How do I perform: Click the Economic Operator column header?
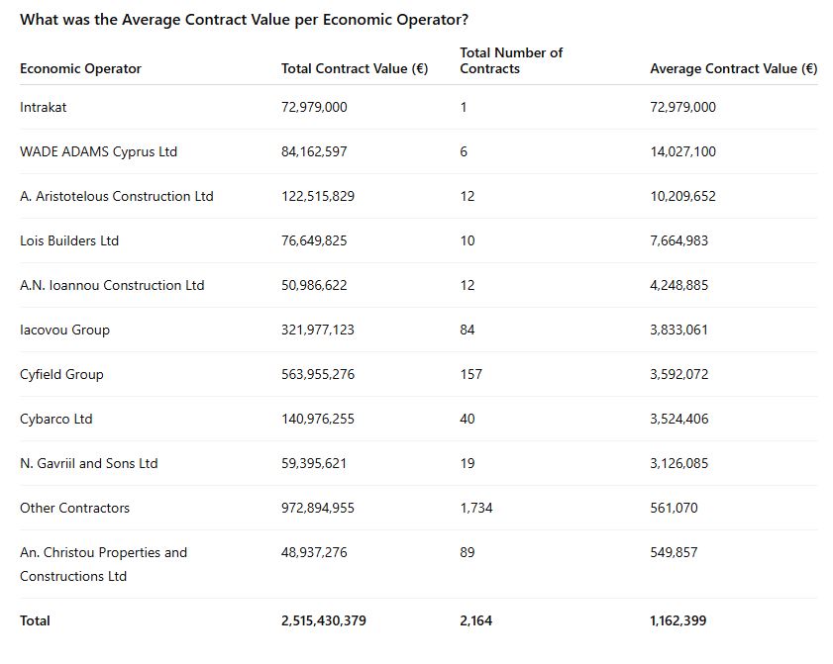pyautogui.click(x=80, y=68)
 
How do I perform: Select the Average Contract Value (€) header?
pyautogui.click(x=733, y=68)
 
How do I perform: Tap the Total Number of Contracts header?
pyautogui.click(x=511, y=60)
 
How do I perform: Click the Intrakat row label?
pyautogui.click(x=44, y=107)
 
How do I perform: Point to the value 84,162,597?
pyautogui.click(x=314, y=151)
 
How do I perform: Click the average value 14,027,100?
pyautogui.click(x=682, y=151)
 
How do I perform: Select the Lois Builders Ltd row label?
pyautogui.click(x=69, y=240)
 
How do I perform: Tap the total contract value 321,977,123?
pyautogui.click(x=318, y=330)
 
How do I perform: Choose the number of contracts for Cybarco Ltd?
pyautogui.click(x=468, y=419)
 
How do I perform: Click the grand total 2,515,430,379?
pyautogui.click(x=324, y=620)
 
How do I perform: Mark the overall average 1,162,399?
pyautogui.click(x=678, y=620)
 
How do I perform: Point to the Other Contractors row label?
pyautogui.click(x=74, y=508)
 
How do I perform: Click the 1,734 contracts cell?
pyautogui.click(x=476, y=508)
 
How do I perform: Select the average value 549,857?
pyautogui.click(x=674, y=552)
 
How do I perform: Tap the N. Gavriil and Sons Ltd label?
pyautogui.click(x=89, y=463)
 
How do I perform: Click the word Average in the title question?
pyautogui.click(x=150, y=19)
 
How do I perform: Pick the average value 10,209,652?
pyautogui.click(x=682, y=196)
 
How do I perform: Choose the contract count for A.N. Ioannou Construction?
pyautogui.click(x=468, y=285)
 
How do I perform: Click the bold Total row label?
pyautogui.click(x=35, y=620)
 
